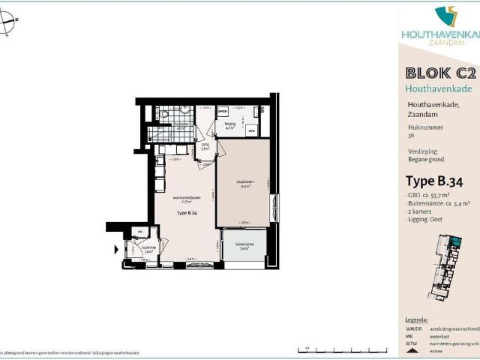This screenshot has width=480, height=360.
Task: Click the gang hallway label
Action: click(204, 147)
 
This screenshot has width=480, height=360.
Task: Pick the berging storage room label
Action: click(230, 126)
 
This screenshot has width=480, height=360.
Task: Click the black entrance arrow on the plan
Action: click(115, 249)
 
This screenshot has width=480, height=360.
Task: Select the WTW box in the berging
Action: click(251, 132)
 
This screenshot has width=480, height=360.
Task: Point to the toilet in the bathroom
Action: click(163, 114)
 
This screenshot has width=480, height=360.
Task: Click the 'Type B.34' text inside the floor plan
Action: click(187, 214)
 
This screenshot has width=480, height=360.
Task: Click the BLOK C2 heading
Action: click(440, 73)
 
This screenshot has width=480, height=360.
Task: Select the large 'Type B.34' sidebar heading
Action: click(434, 180)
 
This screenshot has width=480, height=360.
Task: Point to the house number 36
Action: click(411, 136)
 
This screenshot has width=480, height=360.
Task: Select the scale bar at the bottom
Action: click(324, 349)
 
